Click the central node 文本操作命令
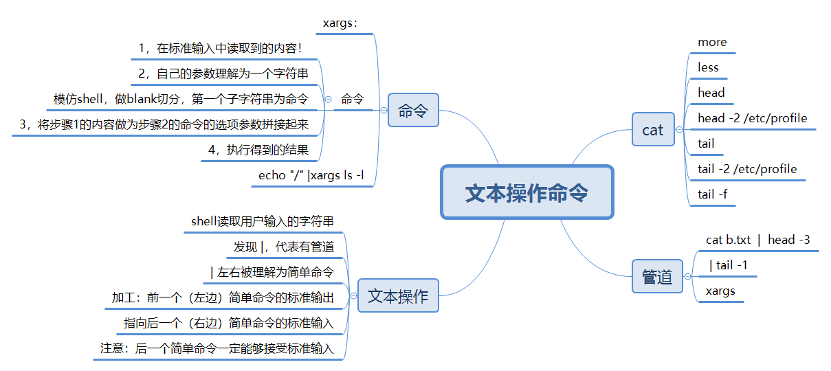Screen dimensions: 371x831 (527, 192)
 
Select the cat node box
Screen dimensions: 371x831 (653, 129)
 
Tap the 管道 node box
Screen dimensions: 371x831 (657, 277)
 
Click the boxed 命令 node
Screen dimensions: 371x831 (412, 111)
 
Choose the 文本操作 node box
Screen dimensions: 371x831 (398, 296)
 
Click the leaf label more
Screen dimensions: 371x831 (712, 43)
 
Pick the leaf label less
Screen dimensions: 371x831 (708, 67)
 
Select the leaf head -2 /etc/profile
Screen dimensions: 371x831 (752, 118)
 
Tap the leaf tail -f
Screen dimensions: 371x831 (712, 194)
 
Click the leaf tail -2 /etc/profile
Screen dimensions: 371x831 (747, 169)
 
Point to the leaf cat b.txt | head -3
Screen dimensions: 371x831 (757, 240)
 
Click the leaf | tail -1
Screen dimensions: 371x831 (729, 265)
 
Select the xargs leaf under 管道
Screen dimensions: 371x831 (720, 291)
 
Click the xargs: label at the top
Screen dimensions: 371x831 (340, 23)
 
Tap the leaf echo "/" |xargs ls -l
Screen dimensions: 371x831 (311, 175)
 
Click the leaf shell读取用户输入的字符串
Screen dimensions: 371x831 (263, 221)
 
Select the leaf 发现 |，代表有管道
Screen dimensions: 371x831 (284, 247)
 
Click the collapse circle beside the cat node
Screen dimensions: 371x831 (679, 129)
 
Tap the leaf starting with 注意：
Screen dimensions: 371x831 (217, 348)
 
